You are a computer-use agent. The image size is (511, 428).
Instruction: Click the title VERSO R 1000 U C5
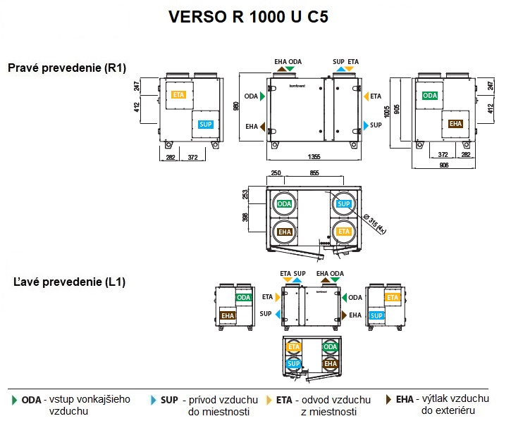point(254,18)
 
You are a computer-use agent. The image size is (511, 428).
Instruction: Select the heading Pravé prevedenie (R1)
point(67,68)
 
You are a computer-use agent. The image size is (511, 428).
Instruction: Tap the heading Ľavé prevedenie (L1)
point(70,282)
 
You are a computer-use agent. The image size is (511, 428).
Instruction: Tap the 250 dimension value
point(276,173)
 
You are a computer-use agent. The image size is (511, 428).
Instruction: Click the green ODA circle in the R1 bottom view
point(285,204)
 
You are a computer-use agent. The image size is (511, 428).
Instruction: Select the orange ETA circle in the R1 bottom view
point(343,232)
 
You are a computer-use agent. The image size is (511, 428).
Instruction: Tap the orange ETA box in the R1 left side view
point(178,94)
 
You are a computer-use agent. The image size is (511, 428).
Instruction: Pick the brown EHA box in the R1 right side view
point(455,124)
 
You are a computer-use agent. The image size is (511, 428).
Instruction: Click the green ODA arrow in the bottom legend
point(15,400)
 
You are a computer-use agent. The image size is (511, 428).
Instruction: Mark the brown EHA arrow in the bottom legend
point(388,399)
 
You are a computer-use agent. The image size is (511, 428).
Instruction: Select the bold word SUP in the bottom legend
point(169,400)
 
